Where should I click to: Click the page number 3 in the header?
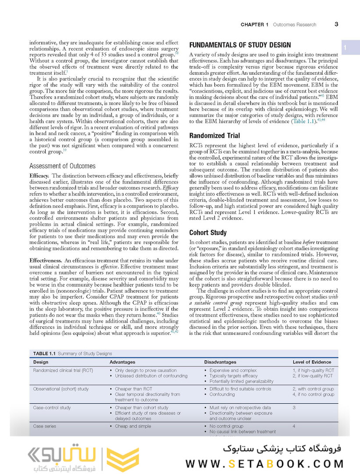[336, 24]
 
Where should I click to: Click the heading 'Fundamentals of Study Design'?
[239, 45]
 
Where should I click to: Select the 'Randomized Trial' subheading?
[214, 136]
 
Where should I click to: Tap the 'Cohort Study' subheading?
[208, 233]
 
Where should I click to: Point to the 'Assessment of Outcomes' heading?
[62, 166]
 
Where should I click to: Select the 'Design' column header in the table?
[41, 362]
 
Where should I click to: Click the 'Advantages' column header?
[123, 362]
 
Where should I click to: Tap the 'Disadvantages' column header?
[220, 362]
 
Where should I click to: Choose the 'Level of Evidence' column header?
[312, 362]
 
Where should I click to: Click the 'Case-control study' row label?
[52, 408]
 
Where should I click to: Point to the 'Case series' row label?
[45, 426]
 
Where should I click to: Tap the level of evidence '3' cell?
[294, 408]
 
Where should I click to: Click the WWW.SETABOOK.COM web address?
[264, 463]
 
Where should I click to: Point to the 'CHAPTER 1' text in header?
[255, 25]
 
